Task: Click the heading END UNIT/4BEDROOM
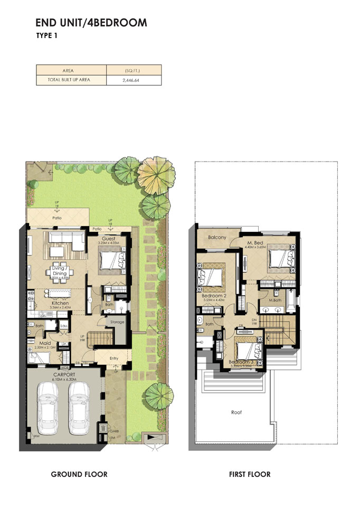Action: click(91, 23)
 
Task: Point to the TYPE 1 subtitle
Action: click(46, 36)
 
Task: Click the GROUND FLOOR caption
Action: click(79, 474)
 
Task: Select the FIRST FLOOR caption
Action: click(250, 474)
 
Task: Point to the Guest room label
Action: click(109, 239)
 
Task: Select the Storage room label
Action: click(117, 322)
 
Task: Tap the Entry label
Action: click(115, 359)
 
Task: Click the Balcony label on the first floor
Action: click(217, 238)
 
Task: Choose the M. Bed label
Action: click(255, 242)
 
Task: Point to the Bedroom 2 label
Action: click(214, 296)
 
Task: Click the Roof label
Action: click(236, 412)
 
